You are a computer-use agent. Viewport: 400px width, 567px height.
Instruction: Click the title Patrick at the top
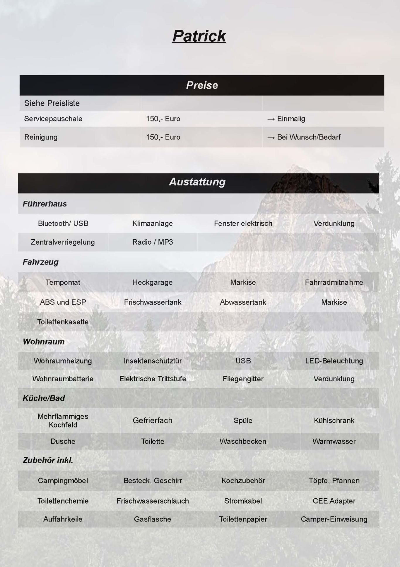(x=199, y=36)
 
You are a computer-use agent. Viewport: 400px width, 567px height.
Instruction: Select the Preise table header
(x=202, y=85)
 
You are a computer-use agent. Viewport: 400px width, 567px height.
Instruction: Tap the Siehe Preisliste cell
(x=52, y=103)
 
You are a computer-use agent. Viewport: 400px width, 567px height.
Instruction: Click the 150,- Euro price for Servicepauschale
(x=163, y=119)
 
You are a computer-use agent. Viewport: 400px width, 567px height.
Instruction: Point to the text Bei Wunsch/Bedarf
(x=309, y=137)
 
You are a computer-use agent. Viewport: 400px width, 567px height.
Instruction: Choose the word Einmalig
(x=291, y=119)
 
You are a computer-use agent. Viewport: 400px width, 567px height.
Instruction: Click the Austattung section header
(x=197, y=182)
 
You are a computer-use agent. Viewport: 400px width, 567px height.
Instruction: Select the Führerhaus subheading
(x=45, y=204)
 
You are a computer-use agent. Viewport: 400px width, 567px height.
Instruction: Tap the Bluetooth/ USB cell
(x=63, y=224)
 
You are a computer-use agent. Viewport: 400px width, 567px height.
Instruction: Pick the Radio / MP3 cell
(x=153, y=242)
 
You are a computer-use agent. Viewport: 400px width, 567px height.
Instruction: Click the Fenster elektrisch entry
(x=243, y=224)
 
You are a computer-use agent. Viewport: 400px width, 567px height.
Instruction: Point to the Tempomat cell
(x=63, y=282)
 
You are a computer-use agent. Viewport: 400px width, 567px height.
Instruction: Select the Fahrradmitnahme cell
(x=334, y=282)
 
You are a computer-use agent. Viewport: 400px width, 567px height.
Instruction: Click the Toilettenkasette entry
(x=63, y=322)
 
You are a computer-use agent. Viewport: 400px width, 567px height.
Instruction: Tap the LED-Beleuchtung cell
(x=334, y=361)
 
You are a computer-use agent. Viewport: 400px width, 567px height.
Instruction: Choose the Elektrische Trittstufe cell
(x=153, y=379)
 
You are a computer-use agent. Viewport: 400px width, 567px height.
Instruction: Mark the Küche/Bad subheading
(x=44, y=398)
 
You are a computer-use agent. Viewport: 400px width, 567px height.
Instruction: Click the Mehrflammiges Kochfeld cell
(x=63, y=421)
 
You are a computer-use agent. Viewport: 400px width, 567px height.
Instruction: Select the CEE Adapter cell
(x=334, y=501)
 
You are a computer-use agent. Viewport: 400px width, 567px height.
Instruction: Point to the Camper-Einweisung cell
(x=334, y=519)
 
